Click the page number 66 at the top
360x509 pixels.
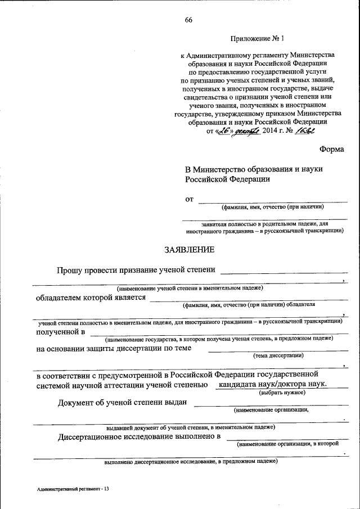[188, 21]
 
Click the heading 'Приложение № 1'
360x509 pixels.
[258, 39]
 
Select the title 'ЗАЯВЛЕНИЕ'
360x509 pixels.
[189, 249]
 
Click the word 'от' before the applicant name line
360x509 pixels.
[190, 199]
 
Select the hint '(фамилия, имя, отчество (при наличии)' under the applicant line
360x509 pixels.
[272, 207]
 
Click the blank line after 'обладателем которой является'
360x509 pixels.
[248, 300]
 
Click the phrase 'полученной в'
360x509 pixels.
[60, 332]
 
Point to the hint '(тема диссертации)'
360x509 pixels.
[278, 355]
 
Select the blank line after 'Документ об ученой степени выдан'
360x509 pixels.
[271, 404]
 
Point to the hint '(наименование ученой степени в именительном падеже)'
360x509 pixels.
[190, 288]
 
